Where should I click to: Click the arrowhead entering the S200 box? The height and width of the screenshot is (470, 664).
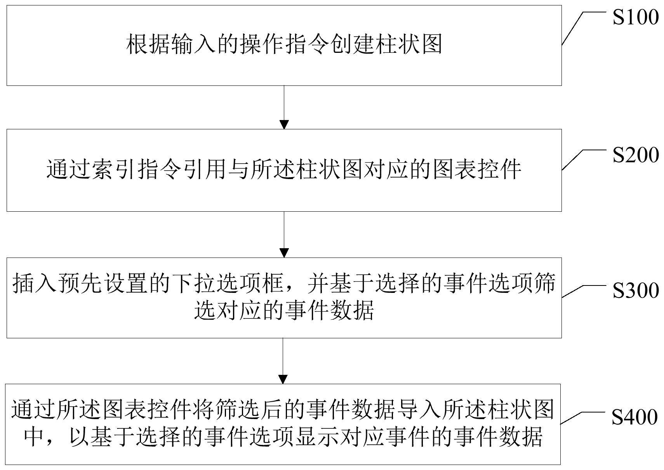coord(284,125)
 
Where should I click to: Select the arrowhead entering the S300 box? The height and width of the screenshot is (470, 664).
coord(284,253)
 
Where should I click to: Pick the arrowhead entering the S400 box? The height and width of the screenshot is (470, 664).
coord(283,379)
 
